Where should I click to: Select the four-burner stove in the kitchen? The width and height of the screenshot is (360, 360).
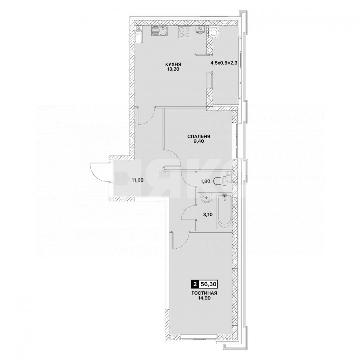point(184,32)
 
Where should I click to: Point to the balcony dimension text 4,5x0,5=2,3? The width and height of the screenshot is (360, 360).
point(223,62)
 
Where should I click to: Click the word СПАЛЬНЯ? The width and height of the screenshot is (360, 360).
point(198,136)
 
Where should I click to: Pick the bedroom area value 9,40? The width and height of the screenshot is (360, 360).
point(198,141)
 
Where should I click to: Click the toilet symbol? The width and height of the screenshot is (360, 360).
point(220,180)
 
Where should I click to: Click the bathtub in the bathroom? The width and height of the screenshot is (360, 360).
point(223,212)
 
